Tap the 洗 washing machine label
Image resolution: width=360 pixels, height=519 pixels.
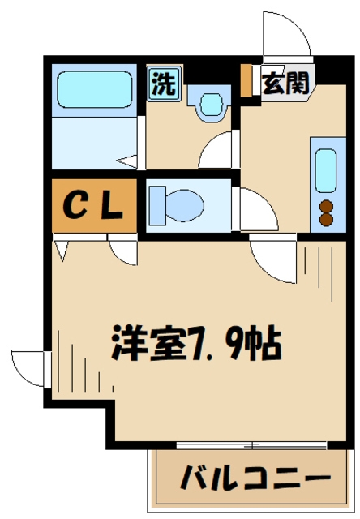(165, 85)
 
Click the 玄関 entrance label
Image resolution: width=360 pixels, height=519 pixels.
(284, 83)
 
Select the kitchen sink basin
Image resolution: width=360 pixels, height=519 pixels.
(327, 169)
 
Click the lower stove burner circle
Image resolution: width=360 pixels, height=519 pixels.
(327, 218)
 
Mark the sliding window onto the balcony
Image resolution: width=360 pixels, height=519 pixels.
(251, 444)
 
